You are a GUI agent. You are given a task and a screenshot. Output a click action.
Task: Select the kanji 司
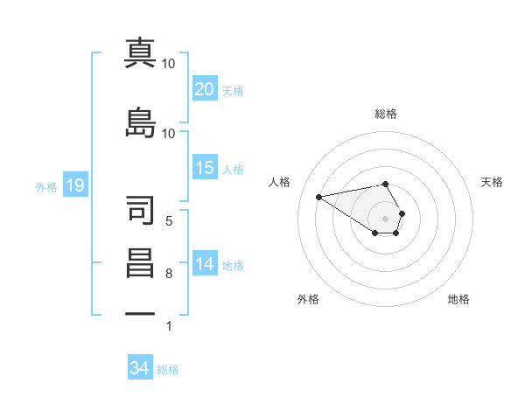click(140, 209)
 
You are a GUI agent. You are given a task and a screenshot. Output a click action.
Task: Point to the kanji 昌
click(140, 264)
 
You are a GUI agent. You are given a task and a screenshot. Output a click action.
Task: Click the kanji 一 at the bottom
click(140, 312)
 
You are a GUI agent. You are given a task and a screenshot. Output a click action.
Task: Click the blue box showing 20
click(205, 89)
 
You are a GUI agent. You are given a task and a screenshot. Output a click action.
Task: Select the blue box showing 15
click(205, 168)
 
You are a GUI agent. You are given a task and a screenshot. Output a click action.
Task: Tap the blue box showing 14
click(205, 264)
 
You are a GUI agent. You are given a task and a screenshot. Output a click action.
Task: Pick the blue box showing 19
click(74, 185)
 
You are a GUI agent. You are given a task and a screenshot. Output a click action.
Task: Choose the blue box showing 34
click(140, 368)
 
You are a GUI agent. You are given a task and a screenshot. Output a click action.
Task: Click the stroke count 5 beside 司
click(168, 220)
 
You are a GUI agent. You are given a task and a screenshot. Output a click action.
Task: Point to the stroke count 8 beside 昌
click(168, 275)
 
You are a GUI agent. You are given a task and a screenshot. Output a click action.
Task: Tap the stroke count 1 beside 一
click(168, 326)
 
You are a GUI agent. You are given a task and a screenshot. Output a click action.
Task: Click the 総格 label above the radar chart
click(385, 114)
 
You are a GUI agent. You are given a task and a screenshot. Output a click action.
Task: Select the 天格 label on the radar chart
click(493, 182)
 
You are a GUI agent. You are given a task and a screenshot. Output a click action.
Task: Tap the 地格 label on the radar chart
click(458, 299)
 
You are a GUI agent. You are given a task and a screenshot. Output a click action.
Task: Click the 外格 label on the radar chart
click(308, 299)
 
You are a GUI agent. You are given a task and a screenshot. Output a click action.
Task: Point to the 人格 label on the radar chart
click(280, 182)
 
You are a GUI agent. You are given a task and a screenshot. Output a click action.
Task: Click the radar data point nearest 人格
click(319, 196)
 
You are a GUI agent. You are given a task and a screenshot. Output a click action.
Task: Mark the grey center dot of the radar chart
click(385, 218)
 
